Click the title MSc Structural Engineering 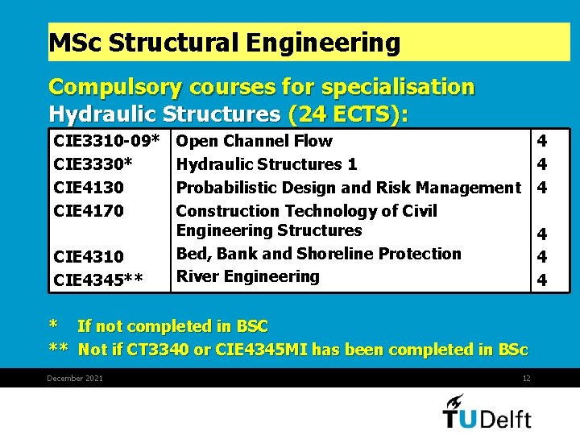(225, 43)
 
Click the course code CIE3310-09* (106, 142)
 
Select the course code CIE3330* (93, 164)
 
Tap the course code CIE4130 (89, 188)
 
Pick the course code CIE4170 (89, 211)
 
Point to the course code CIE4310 (89, 257)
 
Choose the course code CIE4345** (98, 280)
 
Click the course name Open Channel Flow (254, 141)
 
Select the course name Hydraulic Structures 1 (267, 164)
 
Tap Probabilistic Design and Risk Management (349, 188)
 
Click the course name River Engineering (248, 276)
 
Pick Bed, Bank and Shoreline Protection (319, 254)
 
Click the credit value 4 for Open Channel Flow (542, 141)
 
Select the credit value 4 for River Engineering (542, 280)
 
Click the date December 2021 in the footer (75, 379)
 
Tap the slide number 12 (526, 379)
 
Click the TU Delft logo (487, 412)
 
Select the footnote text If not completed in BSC (172, 326)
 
